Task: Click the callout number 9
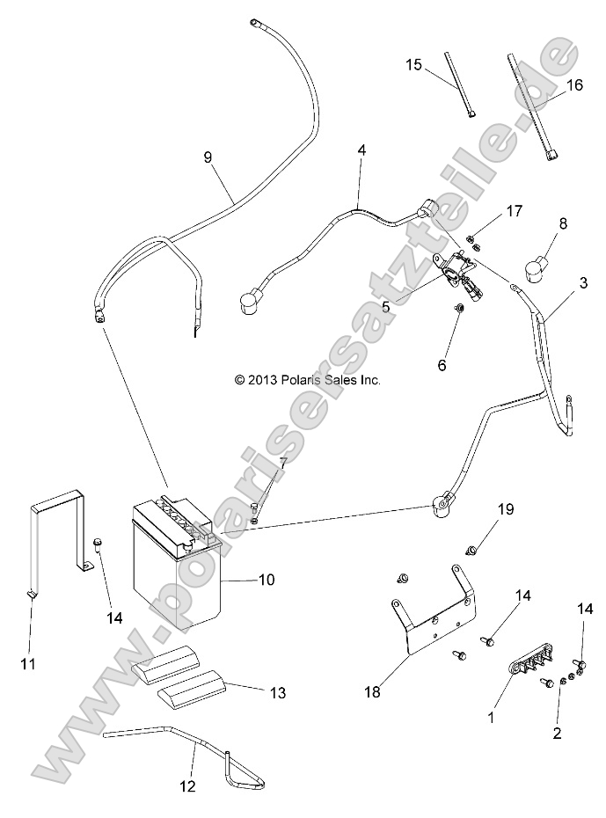208,157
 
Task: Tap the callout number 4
361,150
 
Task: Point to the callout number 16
574,85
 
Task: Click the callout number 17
514,211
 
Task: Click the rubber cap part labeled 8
537,265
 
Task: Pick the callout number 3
583,283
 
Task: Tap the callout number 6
466,363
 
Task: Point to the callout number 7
282,463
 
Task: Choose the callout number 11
28,663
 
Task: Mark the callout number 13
278,693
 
